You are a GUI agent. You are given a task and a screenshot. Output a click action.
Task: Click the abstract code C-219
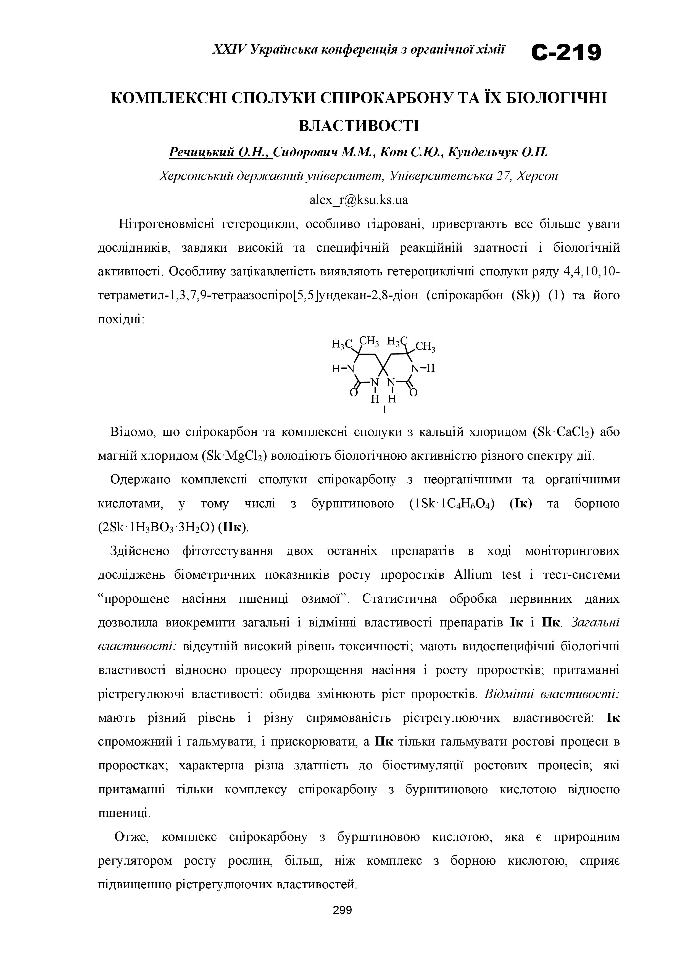[566, 54]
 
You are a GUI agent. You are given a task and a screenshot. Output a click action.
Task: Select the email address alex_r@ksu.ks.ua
[359, 200]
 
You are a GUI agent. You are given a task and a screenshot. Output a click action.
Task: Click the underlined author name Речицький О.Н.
[220, 152]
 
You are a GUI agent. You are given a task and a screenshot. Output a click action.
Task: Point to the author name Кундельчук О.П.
[498, 152]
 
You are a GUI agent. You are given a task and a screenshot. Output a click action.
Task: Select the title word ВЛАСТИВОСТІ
[359, 126]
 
